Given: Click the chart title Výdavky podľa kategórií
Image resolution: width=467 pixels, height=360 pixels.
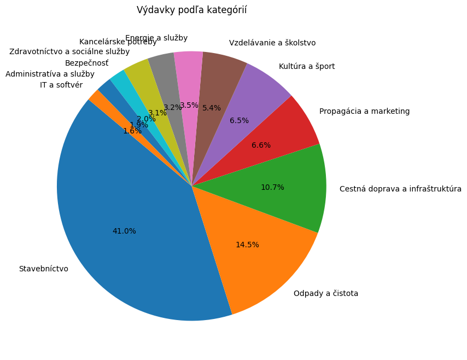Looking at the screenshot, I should click(x=191, y=10).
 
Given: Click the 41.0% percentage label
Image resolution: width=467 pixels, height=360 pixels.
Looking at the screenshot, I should click(x=124, y=231).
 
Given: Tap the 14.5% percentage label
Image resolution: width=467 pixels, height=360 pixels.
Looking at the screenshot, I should click(x=247, y=245).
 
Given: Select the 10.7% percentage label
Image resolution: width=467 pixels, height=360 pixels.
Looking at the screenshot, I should click(x=272, y=187).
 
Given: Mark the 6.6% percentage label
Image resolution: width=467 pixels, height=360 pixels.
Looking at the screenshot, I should click(x=261, y=146).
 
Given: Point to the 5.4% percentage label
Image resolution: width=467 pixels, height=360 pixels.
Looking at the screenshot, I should click(x=212, y=108).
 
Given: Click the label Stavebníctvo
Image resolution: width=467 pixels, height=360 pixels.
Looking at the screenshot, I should click(x=44, y=269).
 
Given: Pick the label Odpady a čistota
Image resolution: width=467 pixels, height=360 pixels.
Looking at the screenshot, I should click(x=326, y=293).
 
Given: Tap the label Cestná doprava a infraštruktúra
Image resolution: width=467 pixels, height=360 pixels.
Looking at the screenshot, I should click(x=400, y=189).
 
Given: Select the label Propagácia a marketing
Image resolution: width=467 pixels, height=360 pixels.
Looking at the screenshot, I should click(x=364, y=111).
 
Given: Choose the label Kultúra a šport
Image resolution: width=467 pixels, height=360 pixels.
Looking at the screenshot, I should click(x=307, y=66).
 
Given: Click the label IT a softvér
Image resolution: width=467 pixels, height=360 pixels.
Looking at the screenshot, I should click(x=61, y=85).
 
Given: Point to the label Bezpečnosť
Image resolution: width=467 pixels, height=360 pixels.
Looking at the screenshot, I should click(x=86, y=63).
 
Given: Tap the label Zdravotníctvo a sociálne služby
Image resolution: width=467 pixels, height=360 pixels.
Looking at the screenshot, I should click(x=69, y=52).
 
